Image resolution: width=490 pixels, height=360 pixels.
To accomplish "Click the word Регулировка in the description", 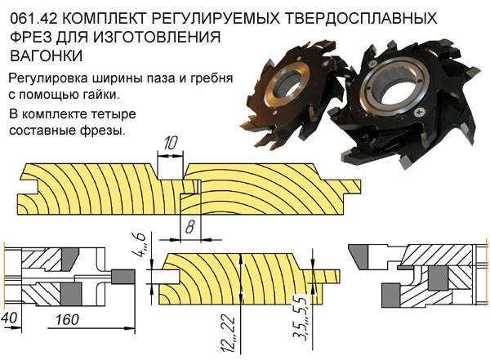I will tap(51, 78).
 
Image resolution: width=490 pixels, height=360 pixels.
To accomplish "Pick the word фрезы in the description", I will tap(105, 129).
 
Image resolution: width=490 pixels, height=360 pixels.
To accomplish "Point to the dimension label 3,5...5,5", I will tap(323, 325).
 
